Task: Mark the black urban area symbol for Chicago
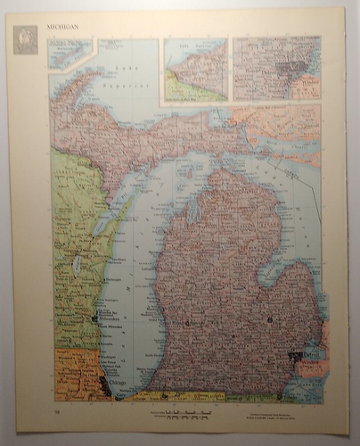pyautogui.click(x=105, y=385)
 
